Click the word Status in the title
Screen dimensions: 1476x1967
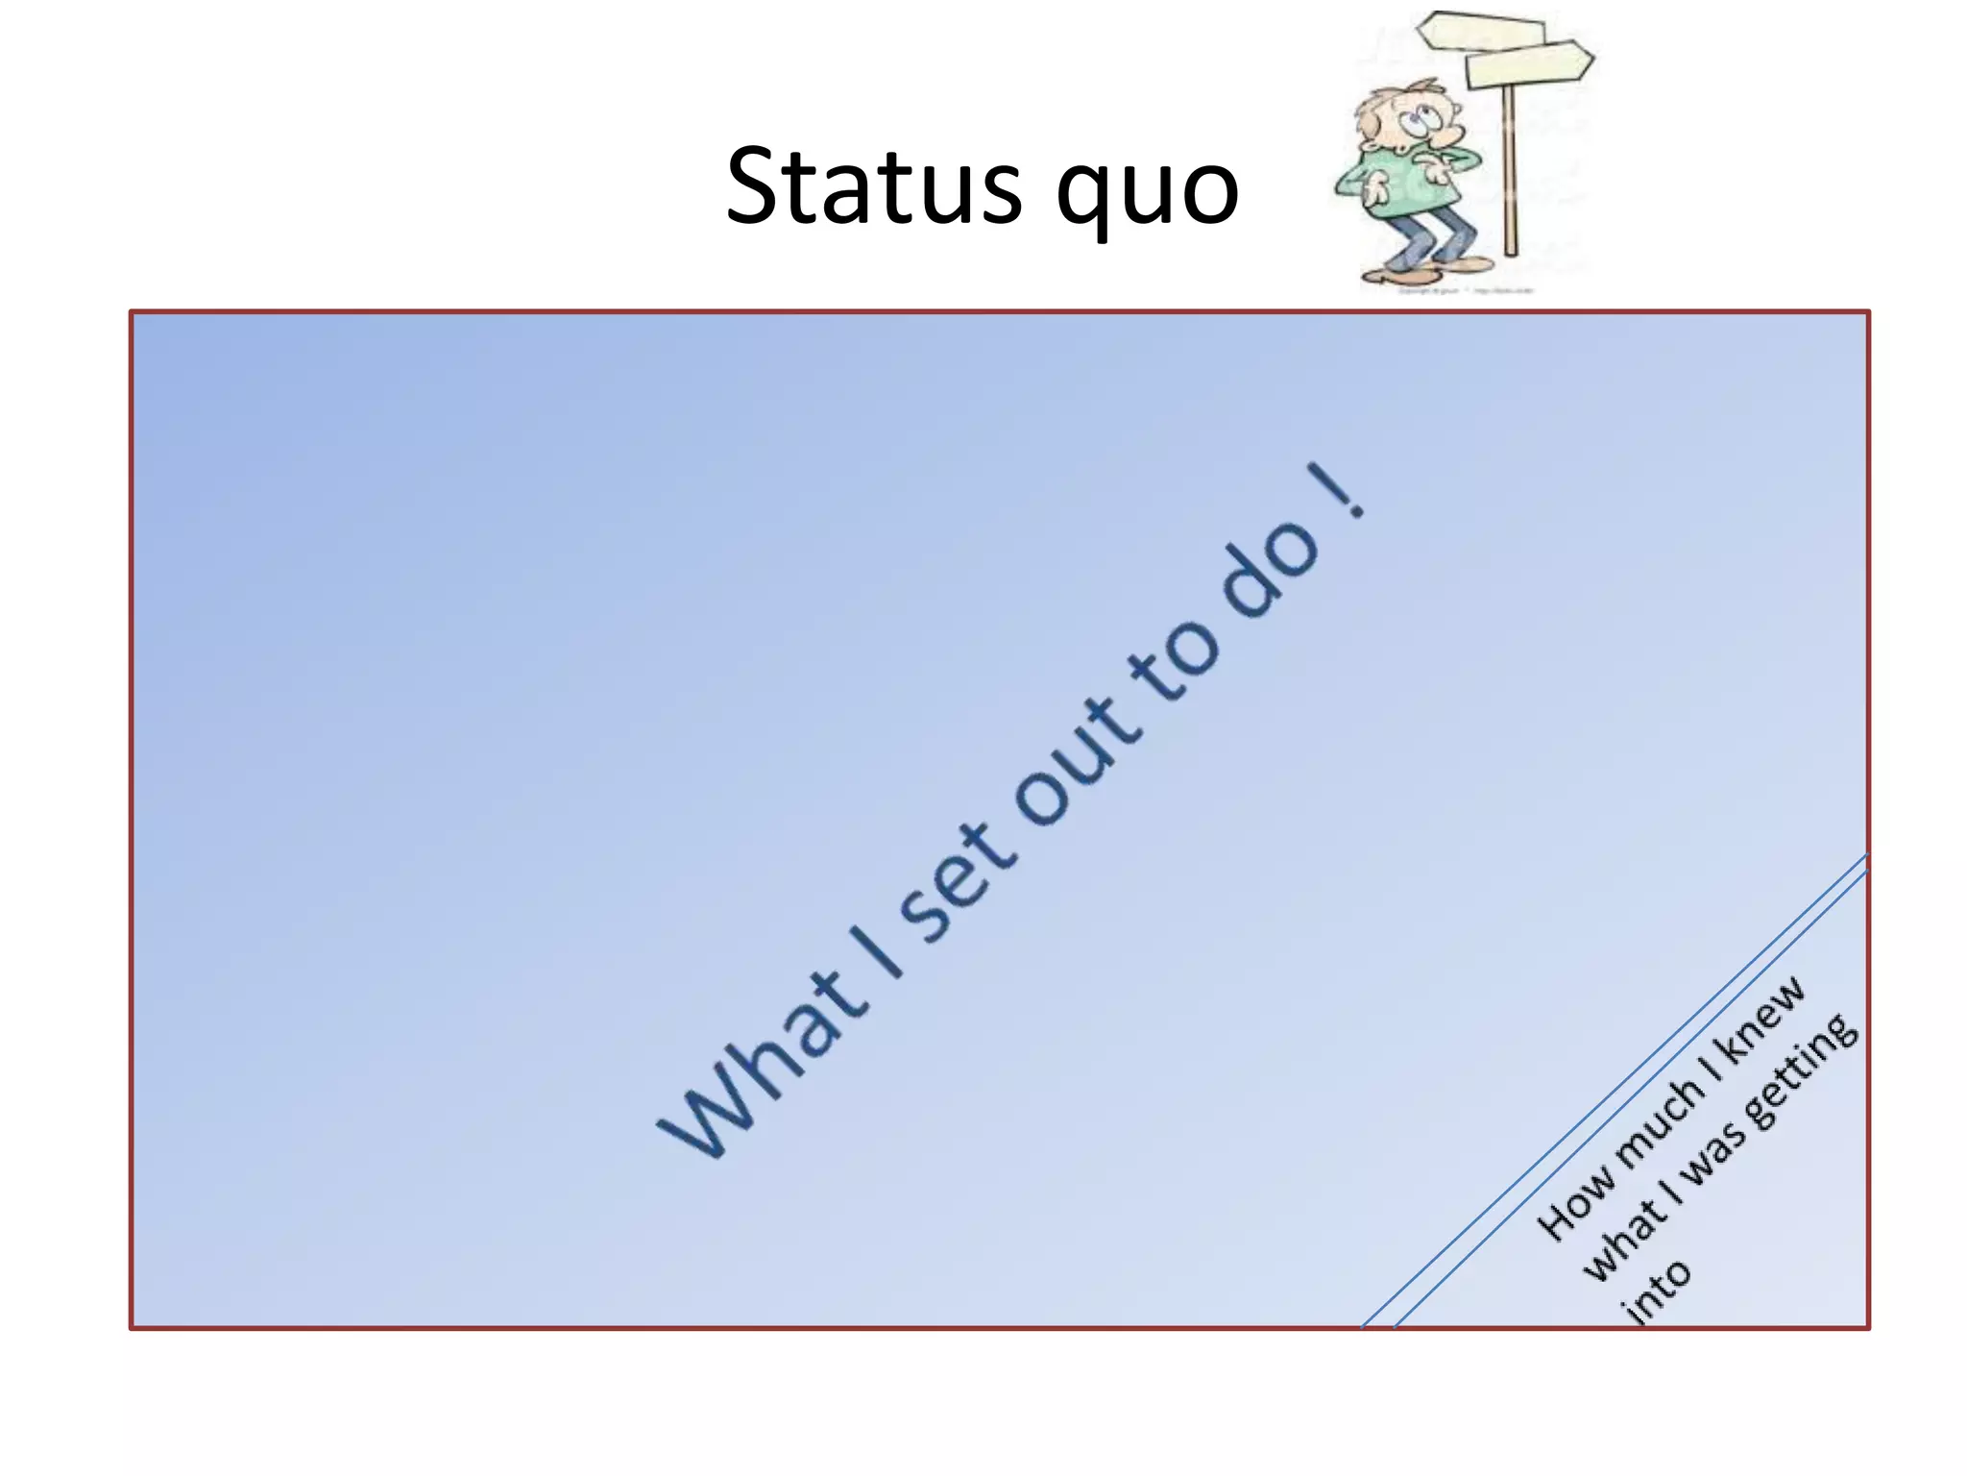(x=874, y=187)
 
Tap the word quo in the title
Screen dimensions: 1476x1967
(x=1147, y=192)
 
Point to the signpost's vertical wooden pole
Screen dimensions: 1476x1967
(x=1510, y=173)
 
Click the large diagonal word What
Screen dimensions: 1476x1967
(x=759, y=1067)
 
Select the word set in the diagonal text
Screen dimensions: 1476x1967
(x=956, y=884)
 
